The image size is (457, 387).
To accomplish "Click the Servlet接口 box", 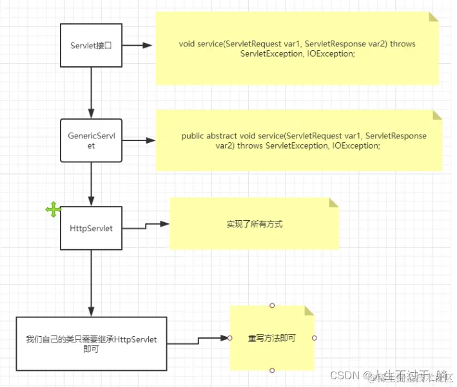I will click(x=91, y=45).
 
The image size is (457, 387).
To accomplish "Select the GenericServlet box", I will click(x=91, y=140).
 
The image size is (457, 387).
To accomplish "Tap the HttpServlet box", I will click(x=91, y=228).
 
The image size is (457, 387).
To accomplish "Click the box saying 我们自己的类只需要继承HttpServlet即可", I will click(x=91, y=344).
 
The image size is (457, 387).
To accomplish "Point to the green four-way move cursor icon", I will click(x=53, y=209).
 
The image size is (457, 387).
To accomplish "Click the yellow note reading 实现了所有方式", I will click(x=254, y=224).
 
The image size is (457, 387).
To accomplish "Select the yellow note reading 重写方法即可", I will click(x=271, y=337).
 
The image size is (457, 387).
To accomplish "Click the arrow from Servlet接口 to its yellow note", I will click(x=137, y=46).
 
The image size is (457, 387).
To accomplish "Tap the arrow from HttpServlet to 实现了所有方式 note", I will click(x=146, y=225).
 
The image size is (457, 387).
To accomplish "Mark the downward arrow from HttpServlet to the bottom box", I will click(x=92, y=283).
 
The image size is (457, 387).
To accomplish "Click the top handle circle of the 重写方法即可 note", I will click(x=272, y=305).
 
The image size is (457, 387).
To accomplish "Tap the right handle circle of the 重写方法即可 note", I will click(x=314, y=337).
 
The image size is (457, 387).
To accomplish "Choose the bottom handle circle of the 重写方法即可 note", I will click(x=272, y=370).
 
